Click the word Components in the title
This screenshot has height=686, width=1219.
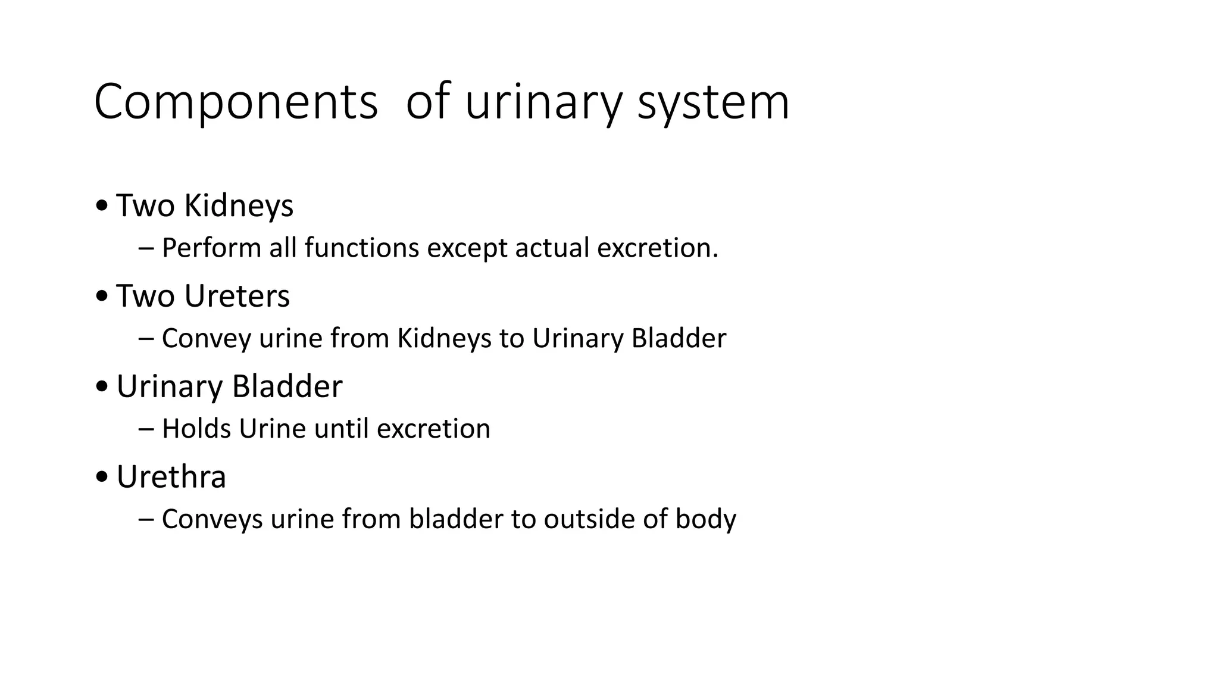coord(236,102)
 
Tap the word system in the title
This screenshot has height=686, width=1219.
coord(713,102)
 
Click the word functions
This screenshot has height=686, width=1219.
coord(362,248)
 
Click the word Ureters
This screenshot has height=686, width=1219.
coord(237,296)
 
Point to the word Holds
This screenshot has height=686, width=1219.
coord(196,429)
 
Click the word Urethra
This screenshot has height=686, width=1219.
coord(171,477)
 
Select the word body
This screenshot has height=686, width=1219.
coord(706,519)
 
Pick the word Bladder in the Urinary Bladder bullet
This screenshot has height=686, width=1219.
coord(287,386)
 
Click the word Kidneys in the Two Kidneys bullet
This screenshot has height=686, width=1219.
coord(239,206)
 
